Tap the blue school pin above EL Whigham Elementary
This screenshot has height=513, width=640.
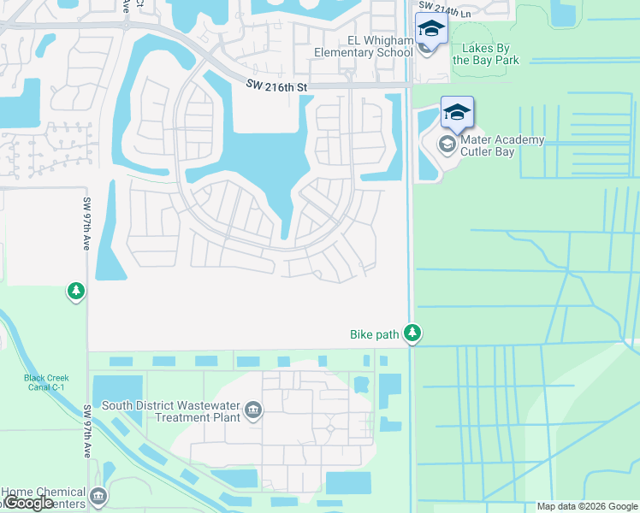click(430, 28)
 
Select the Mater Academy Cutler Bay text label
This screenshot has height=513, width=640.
click(502, 146)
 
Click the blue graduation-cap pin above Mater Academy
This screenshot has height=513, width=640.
click(457, 112)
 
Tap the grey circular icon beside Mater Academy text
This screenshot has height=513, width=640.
click(447, 143)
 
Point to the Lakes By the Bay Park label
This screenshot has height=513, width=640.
click(485, 55)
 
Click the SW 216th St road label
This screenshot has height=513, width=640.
click(276, 85)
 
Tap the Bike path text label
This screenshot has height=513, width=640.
click(375, 334)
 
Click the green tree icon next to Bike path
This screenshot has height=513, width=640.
click(412, 333)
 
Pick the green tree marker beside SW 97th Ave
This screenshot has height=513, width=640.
click(76, 292)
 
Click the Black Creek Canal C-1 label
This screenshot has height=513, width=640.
click(46, 384)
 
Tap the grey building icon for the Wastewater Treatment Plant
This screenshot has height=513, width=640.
click(252, 411)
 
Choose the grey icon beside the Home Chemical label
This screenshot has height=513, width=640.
click(99, 495)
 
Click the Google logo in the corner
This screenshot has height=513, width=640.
click(28, 503)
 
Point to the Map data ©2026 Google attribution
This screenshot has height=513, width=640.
click(587, 506)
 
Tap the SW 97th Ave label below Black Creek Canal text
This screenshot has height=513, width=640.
click(87, 432)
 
